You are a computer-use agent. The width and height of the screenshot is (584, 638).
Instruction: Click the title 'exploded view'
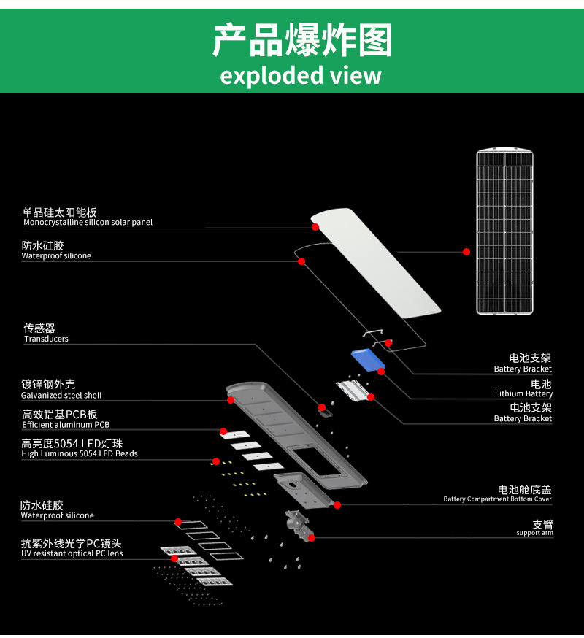coord(300,75)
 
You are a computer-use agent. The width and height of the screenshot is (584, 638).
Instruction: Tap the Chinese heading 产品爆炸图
coord(302,39)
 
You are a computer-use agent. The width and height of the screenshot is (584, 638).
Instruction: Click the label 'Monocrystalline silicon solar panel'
coord(88,222)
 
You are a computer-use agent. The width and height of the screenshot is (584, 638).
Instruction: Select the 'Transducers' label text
coord(46,339)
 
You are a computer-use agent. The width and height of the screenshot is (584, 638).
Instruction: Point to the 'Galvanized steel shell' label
coord(61,395)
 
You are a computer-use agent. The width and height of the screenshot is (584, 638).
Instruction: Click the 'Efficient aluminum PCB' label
coord(66,424)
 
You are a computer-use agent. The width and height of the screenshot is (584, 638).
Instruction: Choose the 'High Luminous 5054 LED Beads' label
coord(80,453)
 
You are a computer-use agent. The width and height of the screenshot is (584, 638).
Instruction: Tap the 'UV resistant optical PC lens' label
coord(72,553)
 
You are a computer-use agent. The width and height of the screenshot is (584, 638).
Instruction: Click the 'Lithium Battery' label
coord(523,393)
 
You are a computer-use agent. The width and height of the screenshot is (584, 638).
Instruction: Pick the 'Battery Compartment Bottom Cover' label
coord(497,499)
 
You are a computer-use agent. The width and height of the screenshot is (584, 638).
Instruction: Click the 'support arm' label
coord(535,533)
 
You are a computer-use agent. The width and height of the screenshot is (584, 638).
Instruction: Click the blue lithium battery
coord(369,360)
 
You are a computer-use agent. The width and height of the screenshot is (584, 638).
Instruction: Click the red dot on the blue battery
coord(381,371)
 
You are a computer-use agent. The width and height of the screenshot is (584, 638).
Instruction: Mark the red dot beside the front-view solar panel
coord(466,252)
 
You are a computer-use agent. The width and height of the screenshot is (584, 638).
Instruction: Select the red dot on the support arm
coord(312,538)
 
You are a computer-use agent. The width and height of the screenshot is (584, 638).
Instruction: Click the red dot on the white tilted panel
coord(315,227)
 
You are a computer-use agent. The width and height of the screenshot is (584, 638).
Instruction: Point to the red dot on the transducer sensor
coord(321,407)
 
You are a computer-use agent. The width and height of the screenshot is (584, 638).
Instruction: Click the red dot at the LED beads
coord(216,461)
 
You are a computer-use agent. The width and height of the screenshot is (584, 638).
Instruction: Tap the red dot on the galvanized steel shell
coord(231,400)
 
